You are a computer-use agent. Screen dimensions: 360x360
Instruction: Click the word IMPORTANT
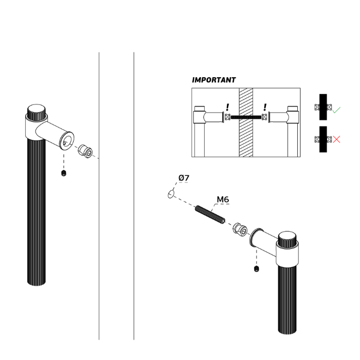point(214,80)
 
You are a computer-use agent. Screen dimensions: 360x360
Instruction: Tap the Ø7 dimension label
point(184,178)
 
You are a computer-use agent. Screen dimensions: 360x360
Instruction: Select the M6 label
point(223,200)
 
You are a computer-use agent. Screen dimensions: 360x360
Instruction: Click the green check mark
point(336,110)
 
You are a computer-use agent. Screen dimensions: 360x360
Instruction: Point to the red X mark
point(336,139)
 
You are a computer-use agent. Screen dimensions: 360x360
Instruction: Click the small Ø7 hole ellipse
point(171,193)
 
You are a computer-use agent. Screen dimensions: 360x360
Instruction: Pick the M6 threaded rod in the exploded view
point(210,215)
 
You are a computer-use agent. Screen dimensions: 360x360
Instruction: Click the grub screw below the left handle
point(64,173)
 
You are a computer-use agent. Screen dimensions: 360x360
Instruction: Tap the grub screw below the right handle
point(257,268)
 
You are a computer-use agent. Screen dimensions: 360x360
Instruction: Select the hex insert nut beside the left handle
point(85,151)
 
